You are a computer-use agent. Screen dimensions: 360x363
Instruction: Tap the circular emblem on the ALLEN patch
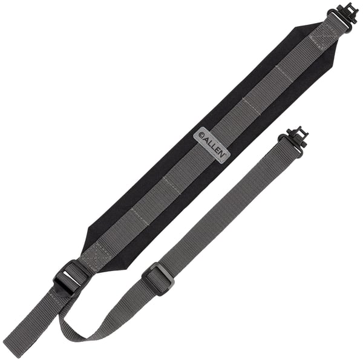201,135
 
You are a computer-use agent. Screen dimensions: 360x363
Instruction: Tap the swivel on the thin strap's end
296,138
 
